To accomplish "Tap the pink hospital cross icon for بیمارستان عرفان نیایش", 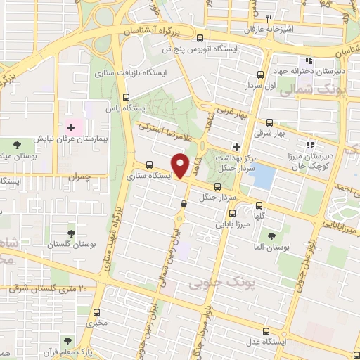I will point(70,127).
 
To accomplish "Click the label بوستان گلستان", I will point(68,245).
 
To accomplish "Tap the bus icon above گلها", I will point(260,205).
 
